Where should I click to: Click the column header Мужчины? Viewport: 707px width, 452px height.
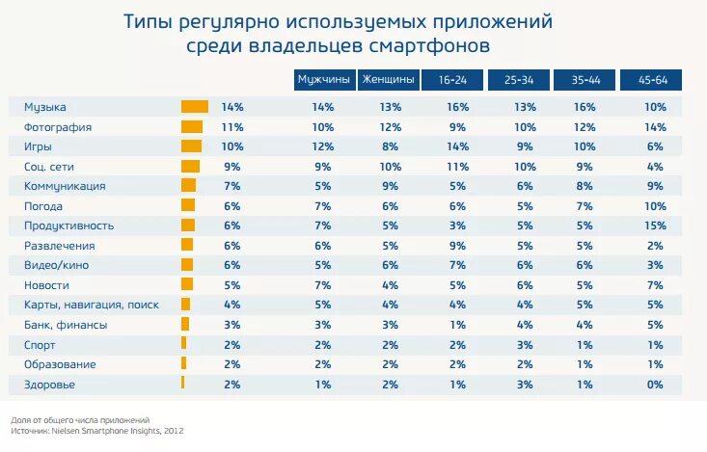[x=323, y=80]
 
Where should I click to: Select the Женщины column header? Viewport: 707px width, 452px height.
[x=389, y=80]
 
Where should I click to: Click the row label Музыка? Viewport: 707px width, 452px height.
[x=45, y=107]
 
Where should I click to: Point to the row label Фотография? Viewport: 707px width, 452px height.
[x=58, y=126]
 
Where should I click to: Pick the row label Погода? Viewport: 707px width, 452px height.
[x=43, y=206]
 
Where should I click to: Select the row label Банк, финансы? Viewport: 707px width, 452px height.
[x=66, y=325]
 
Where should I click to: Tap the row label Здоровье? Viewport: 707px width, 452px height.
[x=50, y=385]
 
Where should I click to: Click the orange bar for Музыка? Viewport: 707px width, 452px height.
[x=195, y=107]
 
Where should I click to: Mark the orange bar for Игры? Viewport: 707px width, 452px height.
[x=191, y=146]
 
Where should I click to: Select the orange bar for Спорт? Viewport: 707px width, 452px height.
[x=183, y=344]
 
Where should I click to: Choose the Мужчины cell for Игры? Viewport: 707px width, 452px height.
[x=323, y=146]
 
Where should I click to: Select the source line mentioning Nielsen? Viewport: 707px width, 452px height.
[x=96, y=431]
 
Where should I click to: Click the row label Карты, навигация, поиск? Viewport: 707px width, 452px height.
[x=92, y=305]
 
